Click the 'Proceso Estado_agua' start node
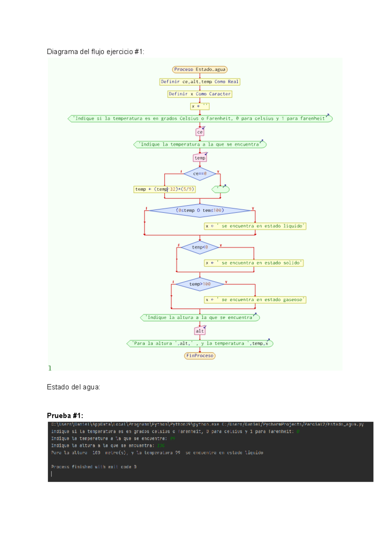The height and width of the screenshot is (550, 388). (199, 70)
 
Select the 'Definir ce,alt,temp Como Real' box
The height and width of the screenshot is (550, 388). (199, 82)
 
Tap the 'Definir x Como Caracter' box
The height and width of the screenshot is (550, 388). (199, 94)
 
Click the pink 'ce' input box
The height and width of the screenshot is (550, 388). (200, 132)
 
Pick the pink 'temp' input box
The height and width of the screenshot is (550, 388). (200, 158)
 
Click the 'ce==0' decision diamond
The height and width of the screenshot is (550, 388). (200, 174)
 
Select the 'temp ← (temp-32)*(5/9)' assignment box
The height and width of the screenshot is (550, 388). (165, 189)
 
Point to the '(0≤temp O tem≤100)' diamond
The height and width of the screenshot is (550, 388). (200, 210)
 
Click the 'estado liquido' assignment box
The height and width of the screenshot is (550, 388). (255, 226)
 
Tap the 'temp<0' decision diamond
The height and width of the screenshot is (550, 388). (200, 247)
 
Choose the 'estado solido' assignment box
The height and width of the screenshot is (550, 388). (253, 263)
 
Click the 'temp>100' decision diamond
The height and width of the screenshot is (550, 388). (200, 284)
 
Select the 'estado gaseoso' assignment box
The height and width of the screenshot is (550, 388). (255, 300)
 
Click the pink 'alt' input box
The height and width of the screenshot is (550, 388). (200, 331)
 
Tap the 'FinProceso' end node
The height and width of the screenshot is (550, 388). (200, 356)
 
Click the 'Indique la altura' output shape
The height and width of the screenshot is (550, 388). (200, 318)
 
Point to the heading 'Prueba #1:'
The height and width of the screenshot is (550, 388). (65, 415)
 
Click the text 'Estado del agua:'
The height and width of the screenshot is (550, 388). (73, 387)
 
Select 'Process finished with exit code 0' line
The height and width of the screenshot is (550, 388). (94, 467)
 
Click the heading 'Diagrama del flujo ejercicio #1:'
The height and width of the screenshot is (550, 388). (95, 52)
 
